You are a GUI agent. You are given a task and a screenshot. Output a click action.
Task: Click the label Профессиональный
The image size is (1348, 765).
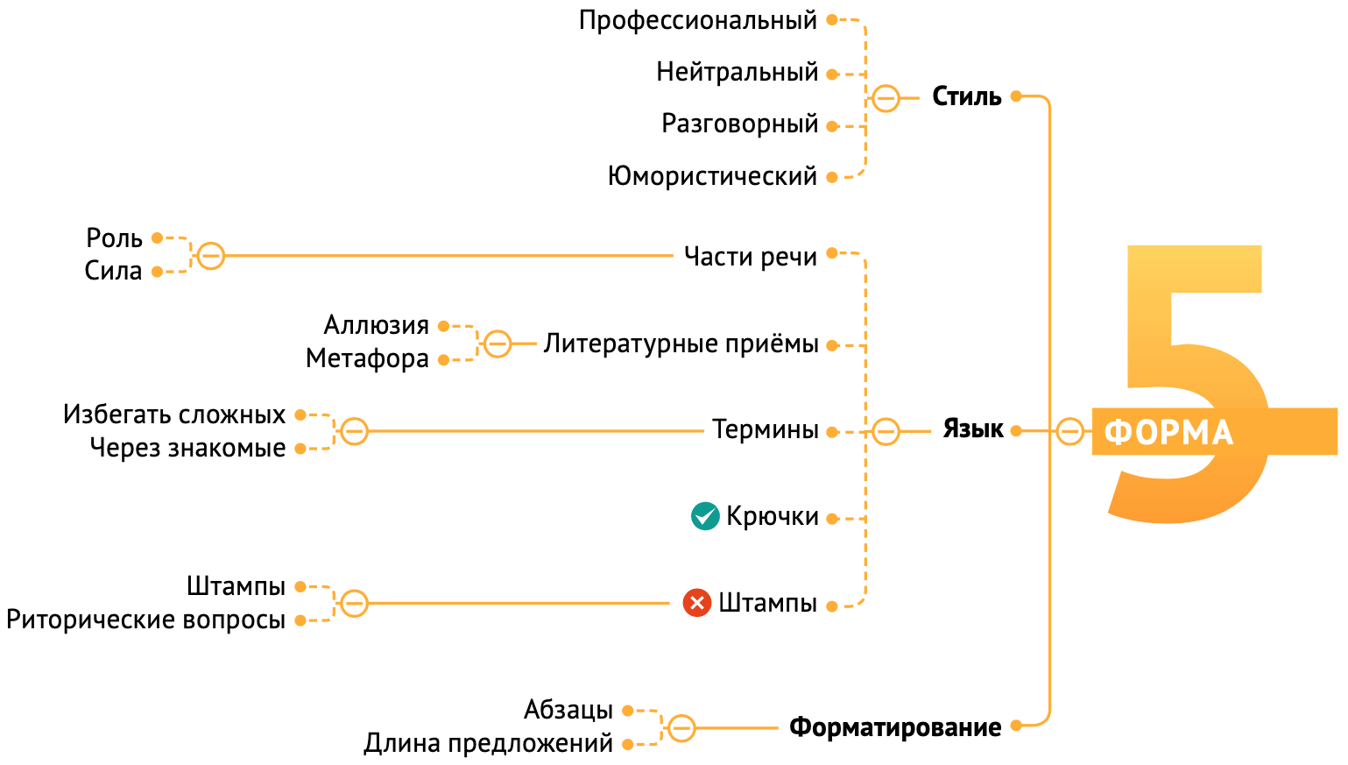[697, 20]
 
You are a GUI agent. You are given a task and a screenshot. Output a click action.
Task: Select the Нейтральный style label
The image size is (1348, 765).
[737, 72]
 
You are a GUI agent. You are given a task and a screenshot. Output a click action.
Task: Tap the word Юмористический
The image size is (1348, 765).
[712, 176]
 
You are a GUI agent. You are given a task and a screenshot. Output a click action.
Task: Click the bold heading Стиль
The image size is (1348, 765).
[966, 96]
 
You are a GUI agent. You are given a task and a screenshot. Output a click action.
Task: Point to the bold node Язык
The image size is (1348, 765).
[972, 429]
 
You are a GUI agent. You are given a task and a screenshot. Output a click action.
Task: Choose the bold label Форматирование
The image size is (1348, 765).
[894, 727]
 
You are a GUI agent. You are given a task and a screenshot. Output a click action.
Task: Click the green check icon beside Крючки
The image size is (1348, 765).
[705, 516]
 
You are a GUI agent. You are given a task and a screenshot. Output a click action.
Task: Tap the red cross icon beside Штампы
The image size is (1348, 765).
[697, 603]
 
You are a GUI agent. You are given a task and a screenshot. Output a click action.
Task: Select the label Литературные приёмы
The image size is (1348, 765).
[681, 344]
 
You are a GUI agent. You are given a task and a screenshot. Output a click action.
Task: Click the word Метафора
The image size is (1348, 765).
[367, 358]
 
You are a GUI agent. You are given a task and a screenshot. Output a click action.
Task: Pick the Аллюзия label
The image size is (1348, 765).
[376, 325]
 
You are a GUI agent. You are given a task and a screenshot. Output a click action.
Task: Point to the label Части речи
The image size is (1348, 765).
[750, 257]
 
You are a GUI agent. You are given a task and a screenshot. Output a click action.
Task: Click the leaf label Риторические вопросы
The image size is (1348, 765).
[145, 620]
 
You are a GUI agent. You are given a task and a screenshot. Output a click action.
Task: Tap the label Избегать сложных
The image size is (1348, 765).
[174, 414]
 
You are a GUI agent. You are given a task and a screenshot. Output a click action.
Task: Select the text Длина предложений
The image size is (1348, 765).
[488, 743]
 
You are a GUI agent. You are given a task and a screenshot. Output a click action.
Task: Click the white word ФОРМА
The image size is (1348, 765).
[1168, 432]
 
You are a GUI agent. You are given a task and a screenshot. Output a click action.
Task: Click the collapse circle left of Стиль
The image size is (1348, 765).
[886, 97]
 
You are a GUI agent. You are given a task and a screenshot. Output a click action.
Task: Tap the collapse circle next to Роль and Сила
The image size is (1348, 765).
[210, 256]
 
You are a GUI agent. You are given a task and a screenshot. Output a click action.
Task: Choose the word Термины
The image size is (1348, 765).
[765, 429]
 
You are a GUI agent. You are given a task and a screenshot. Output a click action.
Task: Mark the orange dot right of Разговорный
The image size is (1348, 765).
[832, 126]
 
